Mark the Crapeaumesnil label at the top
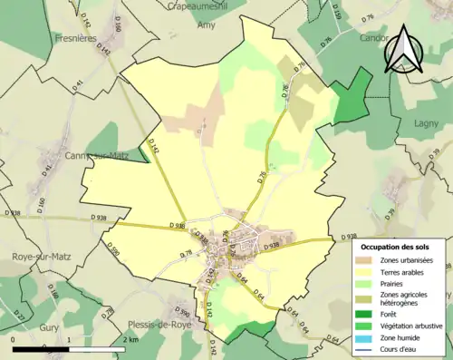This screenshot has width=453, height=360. tap(198, 5)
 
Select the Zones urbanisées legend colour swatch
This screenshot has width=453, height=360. tap(367, 261)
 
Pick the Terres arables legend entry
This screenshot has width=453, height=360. tap(400, 273)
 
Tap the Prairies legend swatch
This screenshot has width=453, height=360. tap(367, 285)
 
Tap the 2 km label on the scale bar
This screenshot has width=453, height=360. tap(130, 339)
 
